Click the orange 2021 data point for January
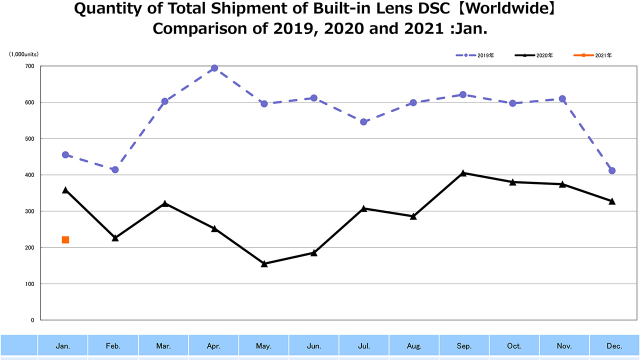pyautogui.click(x=65, y=240)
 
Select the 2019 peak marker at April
pyautogui.click(x=214, y=68)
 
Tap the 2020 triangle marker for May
pyautogui.click(x=264, y=263)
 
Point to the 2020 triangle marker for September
pyautogui.click(x=463, y=173)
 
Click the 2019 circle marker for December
pyautogui.click(x=612, y=171)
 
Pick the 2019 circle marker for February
pyautogui.click(x=115, y=170)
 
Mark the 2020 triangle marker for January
pyautogui.click(x=65, y=190)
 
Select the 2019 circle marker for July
pyautogui.click(x=363, y=121)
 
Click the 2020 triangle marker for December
pyautogui.click(x=612, y=201)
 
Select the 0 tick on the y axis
pyautogui.click(x=32, y=320)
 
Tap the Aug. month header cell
pyautogui.click(x=413, y=346)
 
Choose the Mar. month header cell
pyautogui.click(x=163, y=346)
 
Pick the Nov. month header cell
pyautogui.click(x=564, y=346)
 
